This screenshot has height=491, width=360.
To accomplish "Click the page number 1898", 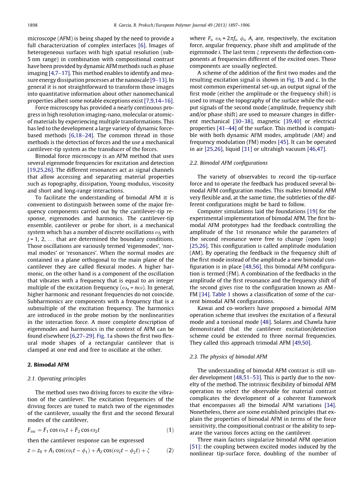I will (33, 25).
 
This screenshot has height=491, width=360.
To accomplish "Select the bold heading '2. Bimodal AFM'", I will (48, 364).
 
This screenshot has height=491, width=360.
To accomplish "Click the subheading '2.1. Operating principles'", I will (57, 378).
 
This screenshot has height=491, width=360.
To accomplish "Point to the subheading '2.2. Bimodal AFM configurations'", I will (228, 163).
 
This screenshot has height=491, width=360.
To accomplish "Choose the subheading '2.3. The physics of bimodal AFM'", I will (228, 357).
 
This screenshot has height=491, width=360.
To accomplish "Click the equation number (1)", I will (170, 430).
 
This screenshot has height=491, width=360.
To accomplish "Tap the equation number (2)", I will (170, 451).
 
